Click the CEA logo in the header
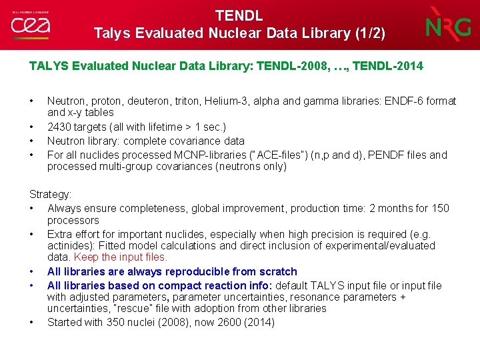[30, 25]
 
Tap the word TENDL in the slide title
[239, 15]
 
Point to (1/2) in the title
[369, 33]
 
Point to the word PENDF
[383, 155]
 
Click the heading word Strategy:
[50, 194]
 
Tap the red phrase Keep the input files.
[121, 257]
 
